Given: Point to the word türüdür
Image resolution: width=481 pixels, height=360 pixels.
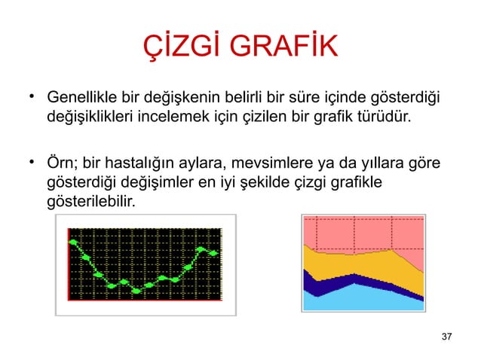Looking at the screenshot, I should pyautogui.click(x=385, y=118).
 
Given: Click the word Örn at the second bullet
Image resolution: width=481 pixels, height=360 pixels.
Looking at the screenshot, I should pyautogui.click(x=62, y=163).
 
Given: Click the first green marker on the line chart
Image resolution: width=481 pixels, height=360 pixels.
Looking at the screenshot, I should pyautogui.click(x=74, y=243).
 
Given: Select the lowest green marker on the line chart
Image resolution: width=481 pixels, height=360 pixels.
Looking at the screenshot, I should pyautogui.click(x=136, y=290).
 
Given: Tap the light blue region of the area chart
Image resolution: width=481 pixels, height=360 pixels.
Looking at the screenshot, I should pyautogui.click(x=362, y=299).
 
